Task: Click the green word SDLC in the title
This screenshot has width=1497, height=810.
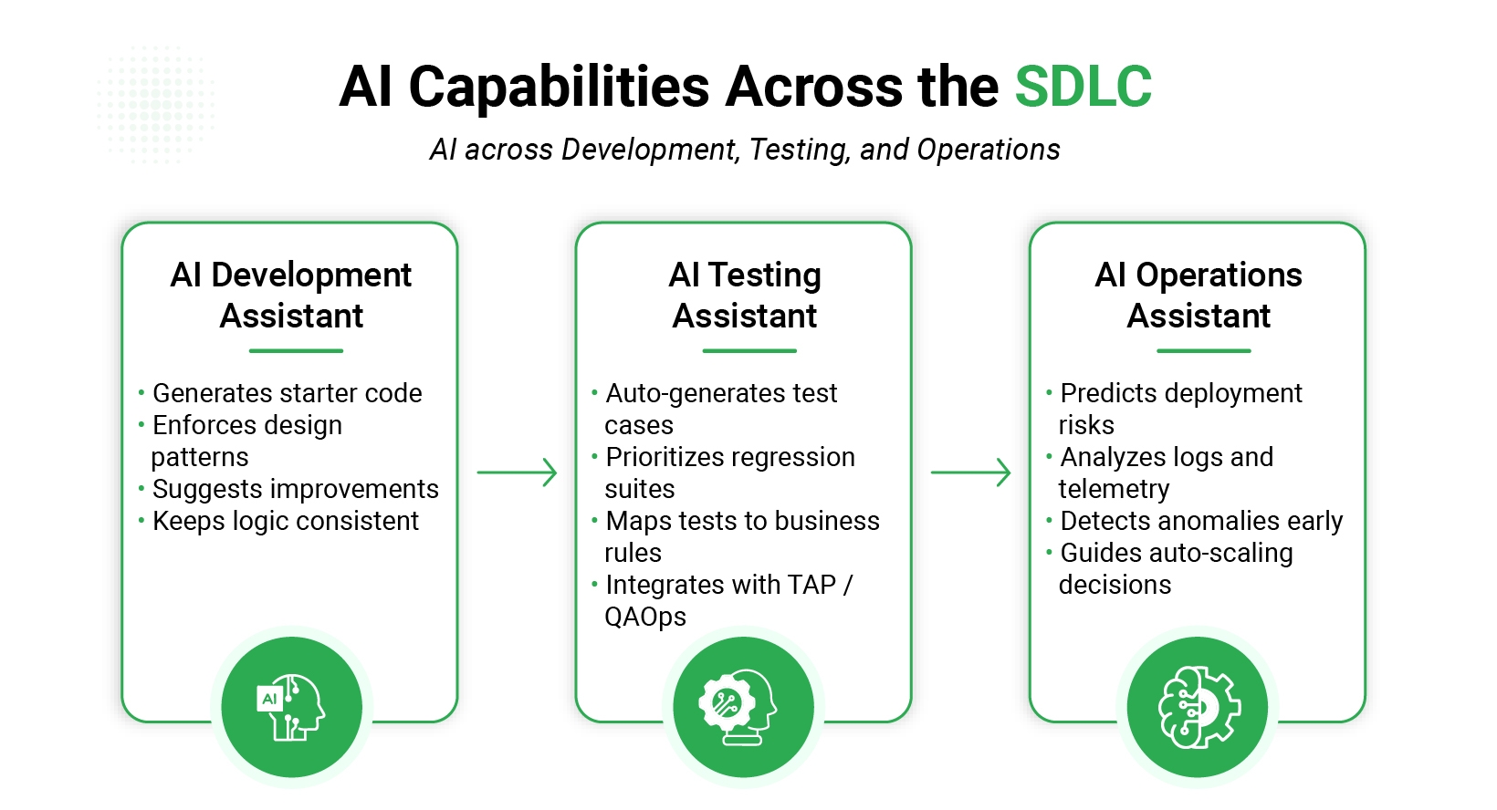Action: click(1083, 88)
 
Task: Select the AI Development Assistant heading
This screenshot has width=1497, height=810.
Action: click(291, 295)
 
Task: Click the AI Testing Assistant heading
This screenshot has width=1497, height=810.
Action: click(745, 295)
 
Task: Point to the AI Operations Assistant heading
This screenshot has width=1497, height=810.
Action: click(1199, 295)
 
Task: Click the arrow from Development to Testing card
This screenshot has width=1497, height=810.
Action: click(518, 472)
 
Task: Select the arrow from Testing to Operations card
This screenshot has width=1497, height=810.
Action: click(971, 472)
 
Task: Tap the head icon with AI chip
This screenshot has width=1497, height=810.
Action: click(291, 707)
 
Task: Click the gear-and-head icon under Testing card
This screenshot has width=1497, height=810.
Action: click(743, 707)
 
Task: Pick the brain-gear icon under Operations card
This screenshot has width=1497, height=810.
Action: click(1198, 707)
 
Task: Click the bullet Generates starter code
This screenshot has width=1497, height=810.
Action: click(287, 393)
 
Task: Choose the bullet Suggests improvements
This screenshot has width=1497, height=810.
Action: click(295, 489)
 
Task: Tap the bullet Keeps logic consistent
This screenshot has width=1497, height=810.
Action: click(285, 521)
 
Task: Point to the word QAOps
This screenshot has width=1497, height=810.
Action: click(645, 617)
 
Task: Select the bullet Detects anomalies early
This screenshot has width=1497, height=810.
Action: click(1201, 521)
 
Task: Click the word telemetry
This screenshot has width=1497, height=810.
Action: click(1114, 489)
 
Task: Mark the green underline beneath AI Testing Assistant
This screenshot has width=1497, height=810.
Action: click(749, 350)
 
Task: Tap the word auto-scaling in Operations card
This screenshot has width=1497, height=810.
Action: click(1221, 553)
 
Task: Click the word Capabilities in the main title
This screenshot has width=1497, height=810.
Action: click(559, 88)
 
